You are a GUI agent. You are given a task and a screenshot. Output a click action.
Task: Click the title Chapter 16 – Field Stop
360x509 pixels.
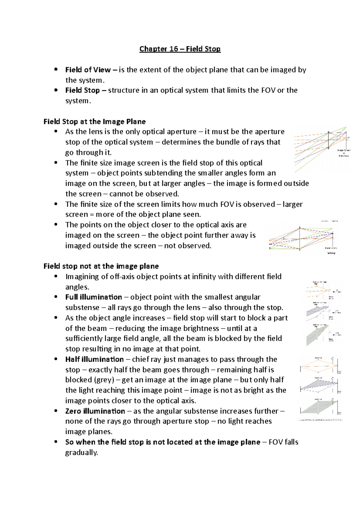[180, 49]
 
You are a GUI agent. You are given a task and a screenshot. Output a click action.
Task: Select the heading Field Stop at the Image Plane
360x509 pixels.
[94, 121]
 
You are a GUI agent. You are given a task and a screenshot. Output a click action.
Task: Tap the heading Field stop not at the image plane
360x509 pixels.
[101, 266]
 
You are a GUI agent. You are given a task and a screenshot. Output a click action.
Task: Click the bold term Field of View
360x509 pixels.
[88, 70]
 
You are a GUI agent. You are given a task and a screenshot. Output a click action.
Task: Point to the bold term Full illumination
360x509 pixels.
[94, 297]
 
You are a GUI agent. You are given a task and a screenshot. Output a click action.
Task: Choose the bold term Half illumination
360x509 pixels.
[94, 359]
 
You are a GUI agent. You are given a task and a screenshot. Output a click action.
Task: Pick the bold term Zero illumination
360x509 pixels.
[95, 411]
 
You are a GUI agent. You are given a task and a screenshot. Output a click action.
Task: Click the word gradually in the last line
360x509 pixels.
[81, 452]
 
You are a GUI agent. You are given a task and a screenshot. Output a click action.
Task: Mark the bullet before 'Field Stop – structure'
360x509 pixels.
[56, 90]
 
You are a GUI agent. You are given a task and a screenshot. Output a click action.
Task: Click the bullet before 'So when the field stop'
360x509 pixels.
[56, 442]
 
